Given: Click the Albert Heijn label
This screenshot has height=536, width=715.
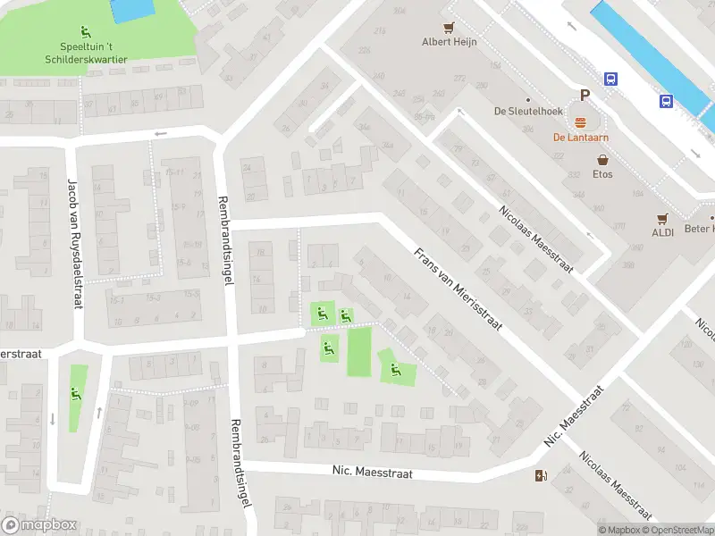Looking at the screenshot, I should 450,41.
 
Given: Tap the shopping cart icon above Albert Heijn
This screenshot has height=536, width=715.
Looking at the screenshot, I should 450,27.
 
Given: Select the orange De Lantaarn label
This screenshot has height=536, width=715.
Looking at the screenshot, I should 580,137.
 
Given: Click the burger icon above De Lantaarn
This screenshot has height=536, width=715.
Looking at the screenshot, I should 580,122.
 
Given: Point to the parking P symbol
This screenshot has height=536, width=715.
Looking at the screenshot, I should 585,96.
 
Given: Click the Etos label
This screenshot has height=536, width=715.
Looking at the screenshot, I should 604,174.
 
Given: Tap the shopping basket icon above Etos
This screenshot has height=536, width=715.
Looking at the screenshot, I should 604,160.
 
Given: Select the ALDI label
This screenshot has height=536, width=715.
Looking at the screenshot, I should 662,231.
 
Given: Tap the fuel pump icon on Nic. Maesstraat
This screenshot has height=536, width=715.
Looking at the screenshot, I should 540,475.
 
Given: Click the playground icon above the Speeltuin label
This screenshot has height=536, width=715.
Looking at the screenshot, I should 86,33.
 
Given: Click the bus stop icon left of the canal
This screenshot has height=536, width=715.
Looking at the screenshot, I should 611,79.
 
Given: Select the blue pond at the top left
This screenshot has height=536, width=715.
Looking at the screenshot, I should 131,11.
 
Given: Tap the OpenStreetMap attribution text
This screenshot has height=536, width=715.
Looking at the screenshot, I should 679,531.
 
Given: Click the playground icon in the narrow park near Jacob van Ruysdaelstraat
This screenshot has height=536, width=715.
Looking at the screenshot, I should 74,393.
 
